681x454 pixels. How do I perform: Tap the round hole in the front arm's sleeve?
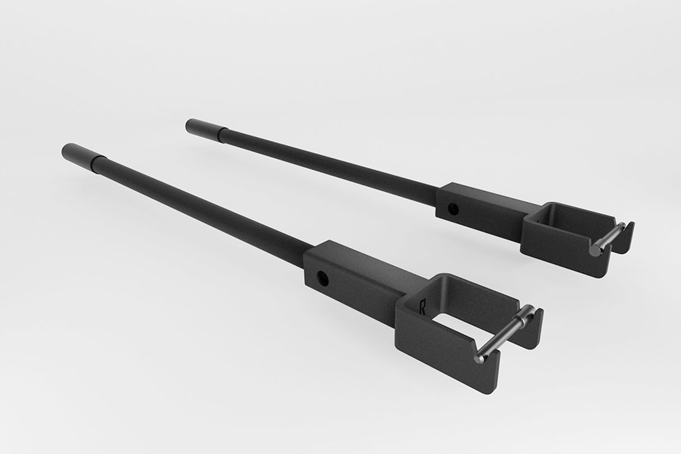tap(322, 277)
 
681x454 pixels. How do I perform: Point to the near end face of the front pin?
tap(478, 358)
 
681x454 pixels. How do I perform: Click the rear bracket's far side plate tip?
tap(629, 230)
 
